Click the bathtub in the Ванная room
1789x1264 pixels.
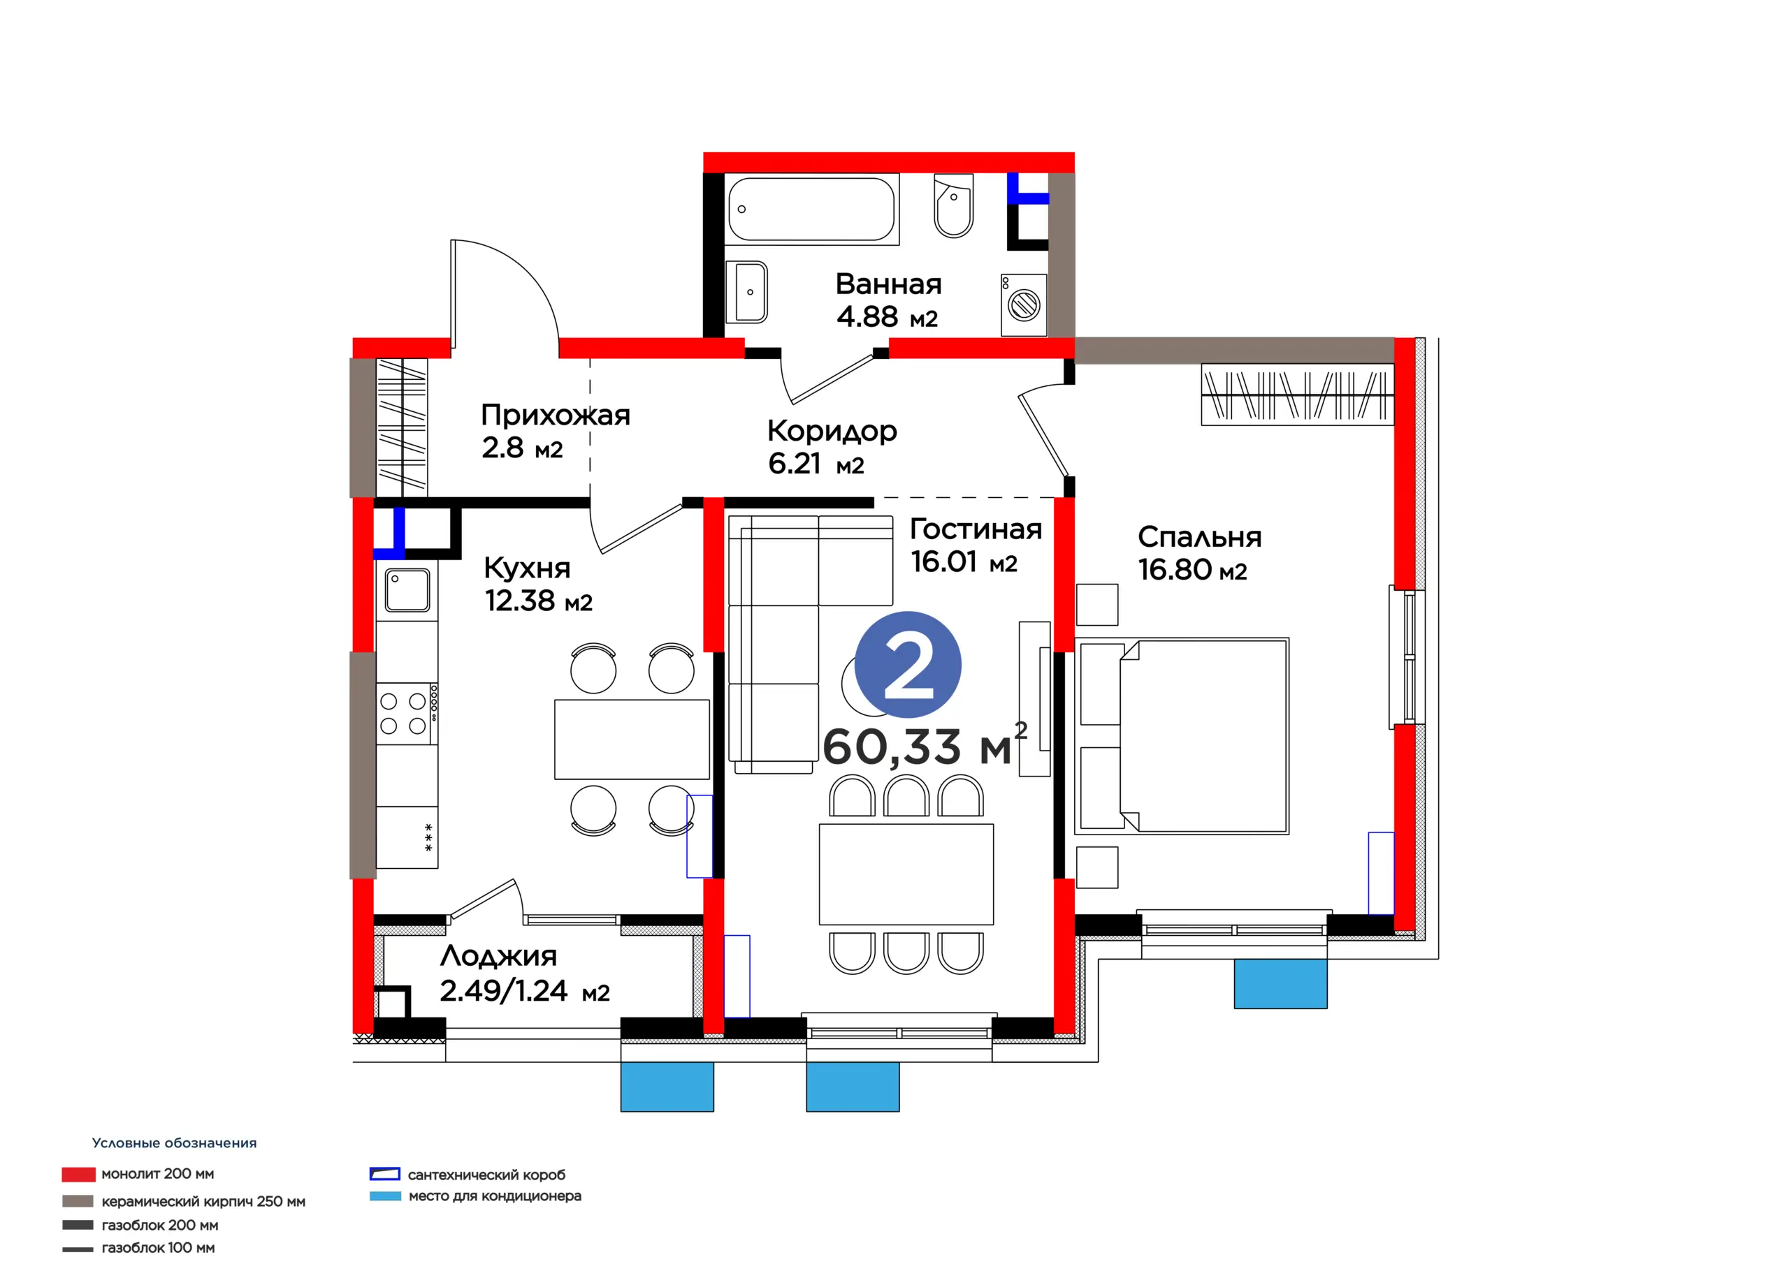click(x=811, y=209)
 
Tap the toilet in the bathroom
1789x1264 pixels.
click(x=954, y=205)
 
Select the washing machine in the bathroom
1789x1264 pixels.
click(x=1024, y=304)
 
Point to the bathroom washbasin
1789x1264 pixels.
click(x=746, y=292)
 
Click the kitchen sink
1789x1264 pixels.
click(x=407, y=589)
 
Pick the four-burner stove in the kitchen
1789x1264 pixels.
click(x=407, y=714)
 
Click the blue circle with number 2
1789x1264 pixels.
click(x=908, y=664)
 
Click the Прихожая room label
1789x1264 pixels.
click(x=556, y=415)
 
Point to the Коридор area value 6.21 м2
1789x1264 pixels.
click(x=816, y=464)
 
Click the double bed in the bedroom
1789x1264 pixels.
click(x=1182, y=736)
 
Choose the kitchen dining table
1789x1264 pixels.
click(x=632, y=739)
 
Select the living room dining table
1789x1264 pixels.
click(x=906, y=874)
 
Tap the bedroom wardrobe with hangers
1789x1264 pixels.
click(x=1297, y=394)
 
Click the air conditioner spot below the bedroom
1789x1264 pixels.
click(x=1280, y=984)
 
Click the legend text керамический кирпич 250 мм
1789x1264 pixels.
click(x=203, y=1201)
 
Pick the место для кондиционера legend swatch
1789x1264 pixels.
click(x=385, y=1196)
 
